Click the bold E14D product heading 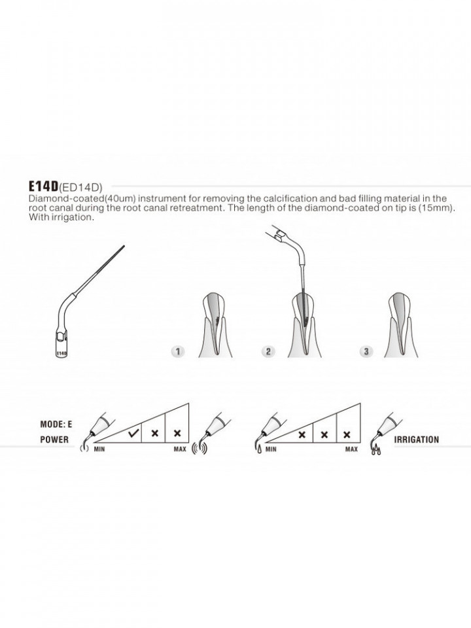[x=43, y=186]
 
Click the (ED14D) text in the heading [x=80, y=187]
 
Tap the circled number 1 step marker [x=178, y=352]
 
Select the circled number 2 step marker [x=268, y=352]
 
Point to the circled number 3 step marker [x=366, y=352]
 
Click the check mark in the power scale [x=133, y=433]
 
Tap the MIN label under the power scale [x=99, y=449]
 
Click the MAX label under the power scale [x=180, y=449]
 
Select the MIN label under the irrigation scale [x=271, y=449]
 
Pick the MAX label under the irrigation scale [x=351, y=449]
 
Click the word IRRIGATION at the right [x=417, y=440]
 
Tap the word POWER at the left [x=54, y=440]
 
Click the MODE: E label [x=56, y=424]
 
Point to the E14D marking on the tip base [x=61, y=354]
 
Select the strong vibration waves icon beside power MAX [x=200, y=448]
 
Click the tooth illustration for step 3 [x=401, y=325]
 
